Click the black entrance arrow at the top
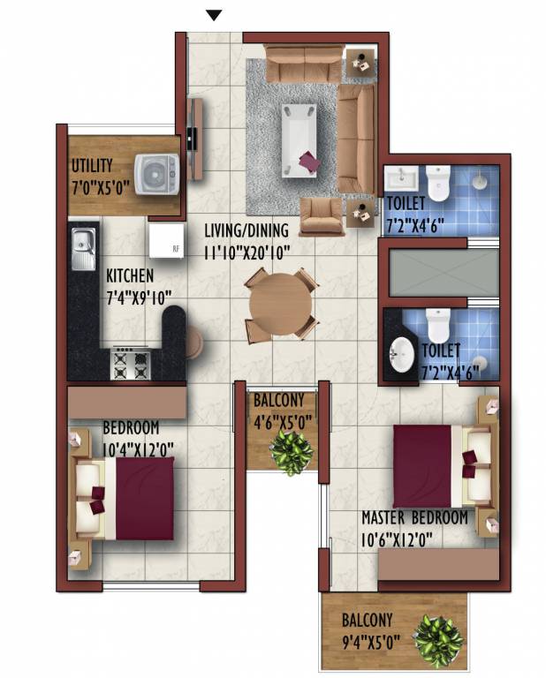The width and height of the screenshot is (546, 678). pyautogui.click(x=213, y=14)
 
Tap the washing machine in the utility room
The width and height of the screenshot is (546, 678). pyautogui.click(x=156, y=170)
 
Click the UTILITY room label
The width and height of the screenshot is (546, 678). pyautogui.click(x=93, y=165)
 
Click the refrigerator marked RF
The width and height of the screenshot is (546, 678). pyautogui.click(x=166, y=239)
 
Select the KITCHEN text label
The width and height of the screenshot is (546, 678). pyautogui.click(x=130, y=275)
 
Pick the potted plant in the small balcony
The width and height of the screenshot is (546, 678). pyautogui.click(x=291, y=451)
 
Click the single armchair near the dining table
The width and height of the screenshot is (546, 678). pyautogui.click(x=322, y=215)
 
